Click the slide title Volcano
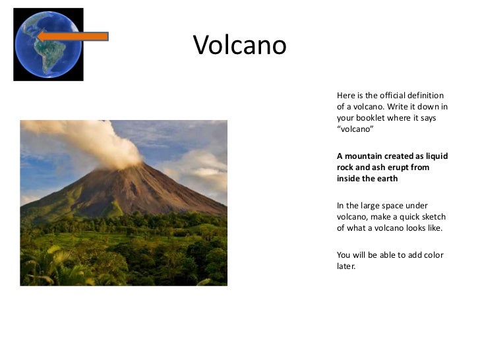coord(240,45)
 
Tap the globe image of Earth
coord(48,45)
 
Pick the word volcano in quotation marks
coord(355,129)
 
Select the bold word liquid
coord(435,156)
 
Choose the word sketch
coord(433,217)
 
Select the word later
coord(346,266)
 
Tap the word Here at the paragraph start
coord(345,96)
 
